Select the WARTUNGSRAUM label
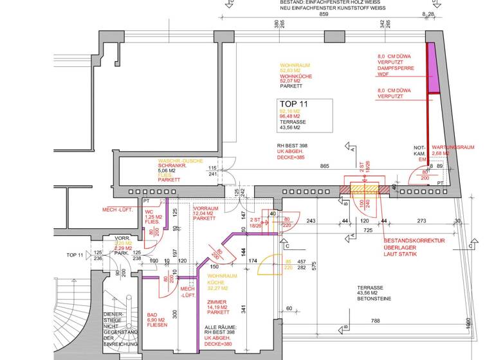click(x=453, y=147)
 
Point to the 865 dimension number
click(x=324, y=166)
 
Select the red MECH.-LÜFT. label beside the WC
click(x=117, y=210)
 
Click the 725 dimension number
click(x=367, y=230)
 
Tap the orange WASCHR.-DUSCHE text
click(x=182, y=161)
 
